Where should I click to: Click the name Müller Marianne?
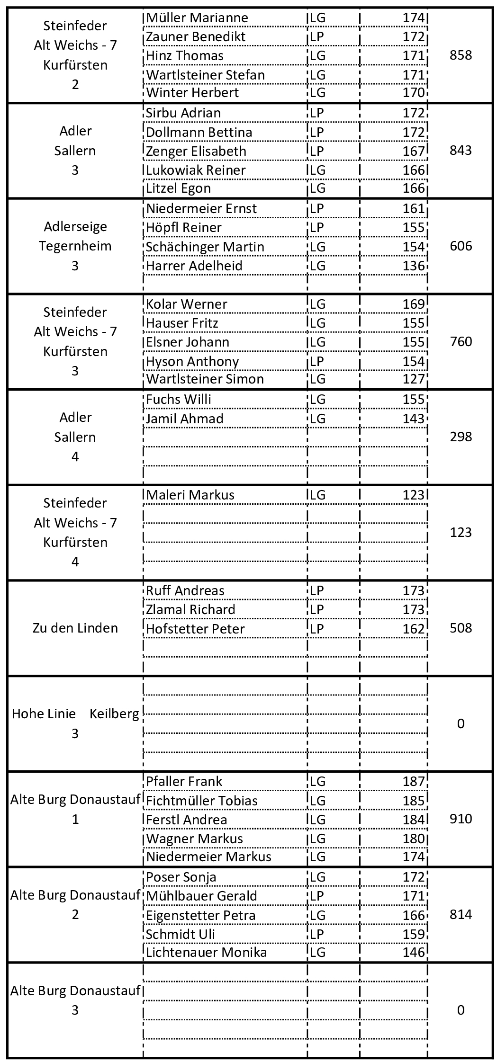(197, 18)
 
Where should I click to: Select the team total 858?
(461, 55)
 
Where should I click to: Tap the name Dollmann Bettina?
(199, 132)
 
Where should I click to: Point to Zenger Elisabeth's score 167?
(414, 151)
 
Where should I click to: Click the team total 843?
(461, 151)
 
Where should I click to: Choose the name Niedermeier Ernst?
(201, 208)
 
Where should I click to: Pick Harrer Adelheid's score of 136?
(414, 266)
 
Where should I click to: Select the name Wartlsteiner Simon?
(205, 379)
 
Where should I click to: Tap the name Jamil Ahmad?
(184, 419)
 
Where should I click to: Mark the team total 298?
(461, 437)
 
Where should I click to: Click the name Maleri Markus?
(190, 495)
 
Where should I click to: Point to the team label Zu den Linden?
(75, 628)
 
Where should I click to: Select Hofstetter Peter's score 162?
(414, 629)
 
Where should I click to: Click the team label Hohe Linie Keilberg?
(75, 714)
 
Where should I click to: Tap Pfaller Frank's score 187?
(414, 781)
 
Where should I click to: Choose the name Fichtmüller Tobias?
(202, 801)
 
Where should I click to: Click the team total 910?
(461, 819)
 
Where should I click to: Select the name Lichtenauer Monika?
(206, 952)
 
